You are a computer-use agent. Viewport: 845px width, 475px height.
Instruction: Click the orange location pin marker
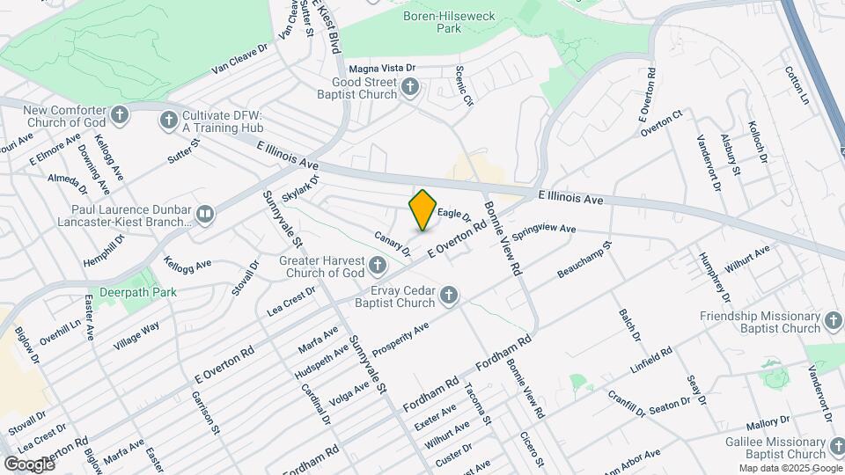(x=422, y=209)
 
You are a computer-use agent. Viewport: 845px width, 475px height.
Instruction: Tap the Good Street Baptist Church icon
(x=410, y=86)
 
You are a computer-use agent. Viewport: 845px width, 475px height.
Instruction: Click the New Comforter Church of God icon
(x=120, y=114)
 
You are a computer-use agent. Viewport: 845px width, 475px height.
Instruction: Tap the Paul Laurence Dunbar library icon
(x=205, y=214)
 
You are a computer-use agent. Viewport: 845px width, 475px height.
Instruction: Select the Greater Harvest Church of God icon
(x=378, y=265)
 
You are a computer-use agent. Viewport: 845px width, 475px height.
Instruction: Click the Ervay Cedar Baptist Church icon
(x=448, y=296)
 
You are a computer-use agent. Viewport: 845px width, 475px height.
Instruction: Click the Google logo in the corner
(x=29, y=464)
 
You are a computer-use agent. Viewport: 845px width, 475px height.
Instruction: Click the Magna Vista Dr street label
(x=382, y=68)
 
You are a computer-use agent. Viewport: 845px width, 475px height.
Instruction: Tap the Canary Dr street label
(x=393, y=244)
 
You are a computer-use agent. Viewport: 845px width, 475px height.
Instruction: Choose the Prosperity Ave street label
(x=400, y=340)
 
